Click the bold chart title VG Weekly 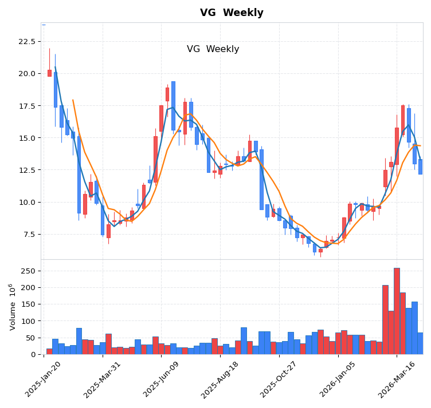pos(232,13)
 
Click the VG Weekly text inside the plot pos(213,49)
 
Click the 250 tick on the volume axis pos(28,271)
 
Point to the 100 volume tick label pos(28,321)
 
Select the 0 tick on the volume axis pos(33,354)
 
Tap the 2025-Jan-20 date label pos(44,379)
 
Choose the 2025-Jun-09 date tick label pos(162,379)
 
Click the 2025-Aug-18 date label pos(220,379)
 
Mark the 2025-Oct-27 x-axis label pos(279,379)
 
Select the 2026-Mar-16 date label pos(397,379)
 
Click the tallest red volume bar pos(397,311)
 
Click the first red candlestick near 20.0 pos(49,73)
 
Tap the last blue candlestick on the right pos(420,167)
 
